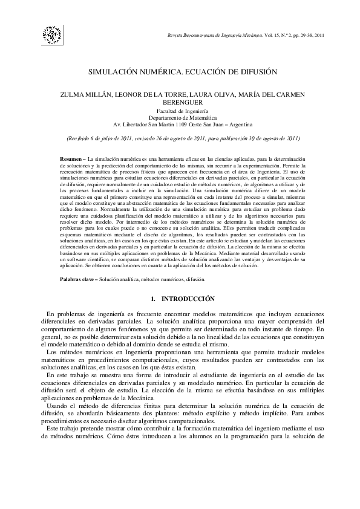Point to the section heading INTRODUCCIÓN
pyautogui.click(x=189, y=299)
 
